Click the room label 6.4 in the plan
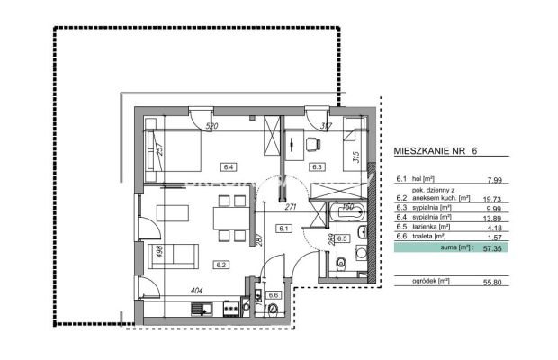click(228, 166)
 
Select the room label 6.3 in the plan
click(317, 166)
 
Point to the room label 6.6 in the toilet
click(274, 294)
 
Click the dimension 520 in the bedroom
click(212, 127)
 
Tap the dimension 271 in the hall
click(291, 207)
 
